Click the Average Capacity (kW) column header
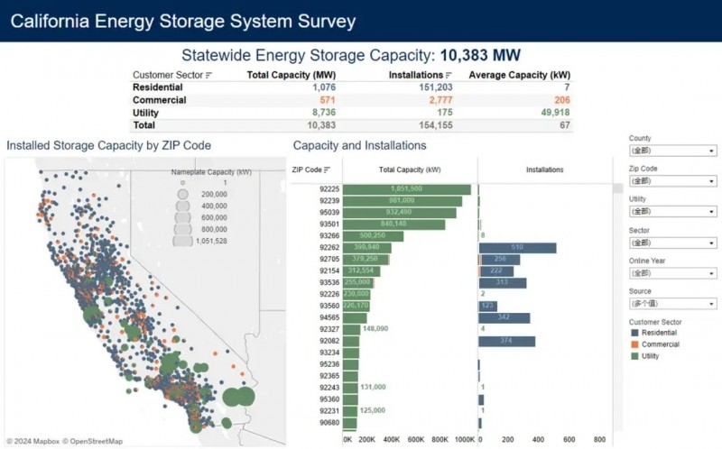click(520, 75)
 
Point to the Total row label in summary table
click(145, 125)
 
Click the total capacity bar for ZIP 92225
click(407, 189)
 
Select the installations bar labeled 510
click(517, 247)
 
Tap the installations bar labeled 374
click(507, 341)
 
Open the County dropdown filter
click(672, 151)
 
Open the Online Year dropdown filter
click(672, 273)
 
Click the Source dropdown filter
click(672, 304)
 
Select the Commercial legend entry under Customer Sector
click(661, 344)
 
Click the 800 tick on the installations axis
click(600, 440)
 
